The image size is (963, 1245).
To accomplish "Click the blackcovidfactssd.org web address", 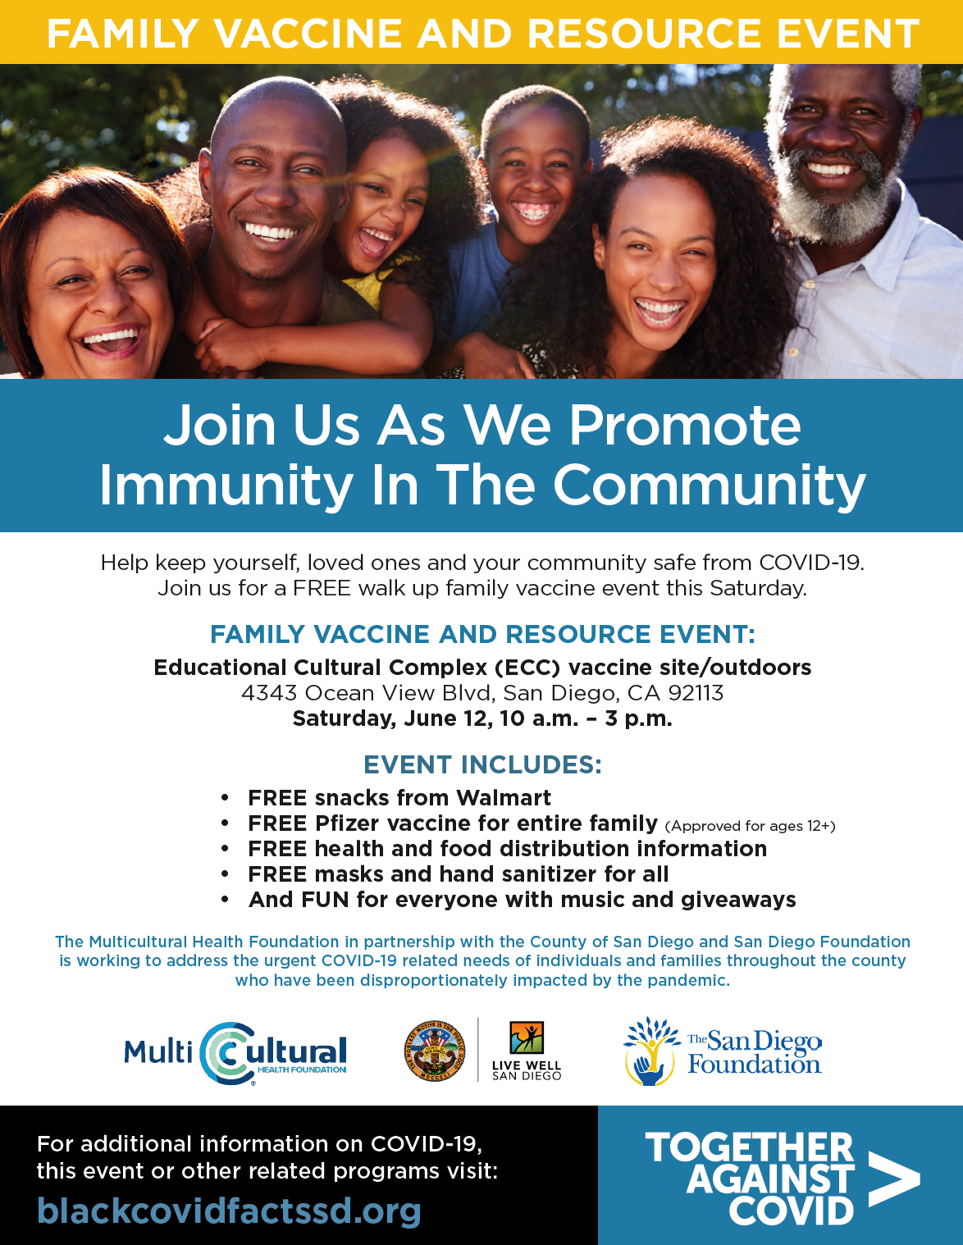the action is point(229,1211).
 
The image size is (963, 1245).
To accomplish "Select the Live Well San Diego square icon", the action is point(527,1037).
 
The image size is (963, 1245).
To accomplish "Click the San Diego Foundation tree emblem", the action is point(651,1051).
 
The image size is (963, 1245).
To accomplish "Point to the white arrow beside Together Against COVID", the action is point(893,1179).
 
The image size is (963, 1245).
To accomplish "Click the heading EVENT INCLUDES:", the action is point(482,765).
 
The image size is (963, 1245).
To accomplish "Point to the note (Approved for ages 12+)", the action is point(750,826).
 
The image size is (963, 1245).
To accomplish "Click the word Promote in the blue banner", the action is point(685,426).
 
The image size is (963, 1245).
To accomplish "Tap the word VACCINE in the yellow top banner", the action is point(308,34).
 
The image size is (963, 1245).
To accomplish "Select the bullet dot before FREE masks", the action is point(225,874).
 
